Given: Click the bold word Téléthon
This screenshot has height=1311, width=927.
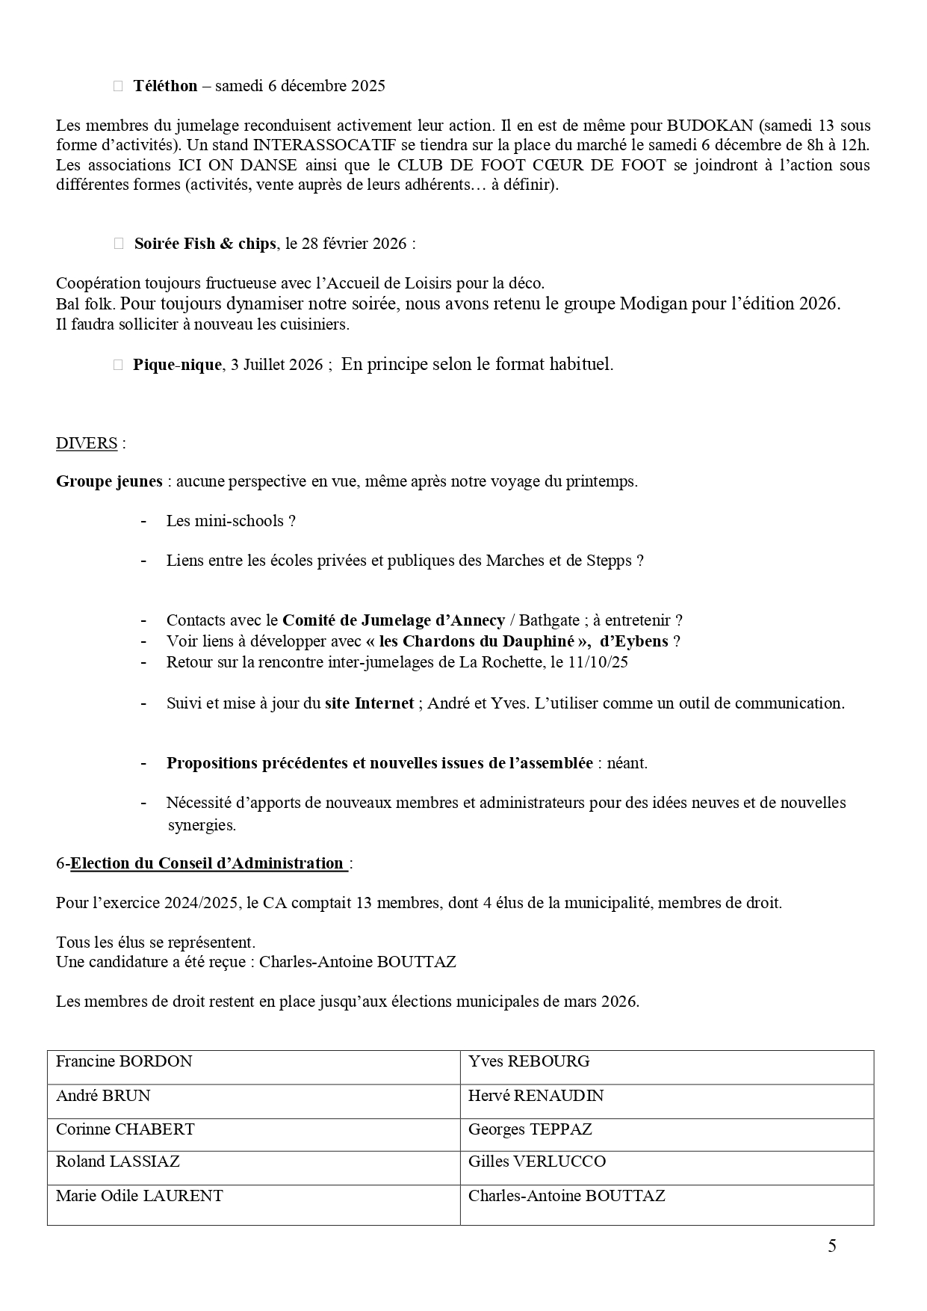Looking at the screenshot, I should tap(165, 86).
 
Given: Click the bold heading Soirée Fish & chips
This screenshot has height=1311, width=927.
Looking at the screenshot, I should tap(205, 244).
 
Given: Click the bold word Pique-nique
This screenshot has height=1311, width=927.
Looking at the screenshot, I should tap(177, 365).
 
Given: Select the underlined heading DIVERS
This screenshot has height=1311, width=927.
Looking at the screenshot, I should tap(87, 443).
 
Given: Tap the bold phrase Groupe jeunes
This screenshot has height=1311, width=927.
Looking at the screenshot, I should tap(109, 481).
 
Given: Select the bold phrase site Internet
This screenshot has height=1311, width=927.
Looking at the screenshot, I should tap(369, 703).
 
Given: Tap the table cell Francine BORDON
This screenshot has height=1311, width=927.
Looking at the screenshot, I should tap(124, 1061).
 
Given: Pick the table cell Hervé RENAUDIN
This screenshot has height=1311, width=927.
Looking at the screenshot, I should tap(536, 1096).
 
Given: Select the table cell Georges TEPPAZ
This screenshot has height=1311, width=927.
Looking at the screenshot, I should tap(530, 1129).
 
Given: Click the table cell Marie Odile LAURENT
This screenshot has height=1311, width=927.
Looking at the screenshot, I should tap(139, 1196).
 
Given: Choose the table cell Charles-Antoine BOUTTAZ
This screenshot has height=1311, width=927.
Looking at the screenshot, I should tap(566, 1196).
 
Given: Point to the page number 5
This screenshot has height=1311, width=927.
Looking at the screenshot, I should tap(832, 1246).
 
